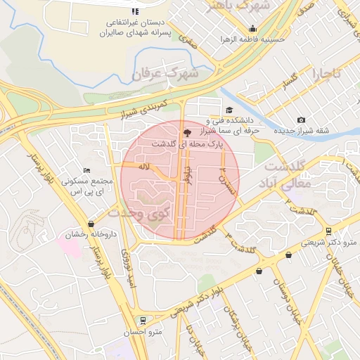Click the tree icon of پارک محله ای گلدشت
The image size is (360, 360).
pyautogui.click(x=186, y=131)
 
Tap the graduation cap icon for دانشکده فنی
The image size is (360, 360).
pyautogui.click(x=229, y=110)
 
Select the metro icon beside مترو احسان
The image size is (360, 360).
pyautogui.click(x=143, y=319)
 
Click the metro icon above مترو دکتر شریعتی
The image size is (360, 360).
pyautogui.click(x=328, y=231)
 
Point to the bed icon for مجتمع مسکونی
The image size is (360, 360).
pyautogui.click(x=86, y=170)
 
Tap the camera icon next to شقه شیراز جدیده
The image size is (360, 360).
pyautogui.click(x=302, y=120)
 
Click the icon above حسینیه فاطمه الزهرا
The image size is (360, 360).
pyautogui.click(x=252, y=29)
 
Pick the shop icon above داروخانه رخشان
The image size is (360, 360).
pyautogui.click(x=91, y=224)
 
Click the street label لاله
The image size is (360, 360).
pyautogui.click(x=146, y=167)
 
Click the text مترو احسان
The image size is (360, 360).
pyautogui.click(x=148, y=331)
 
